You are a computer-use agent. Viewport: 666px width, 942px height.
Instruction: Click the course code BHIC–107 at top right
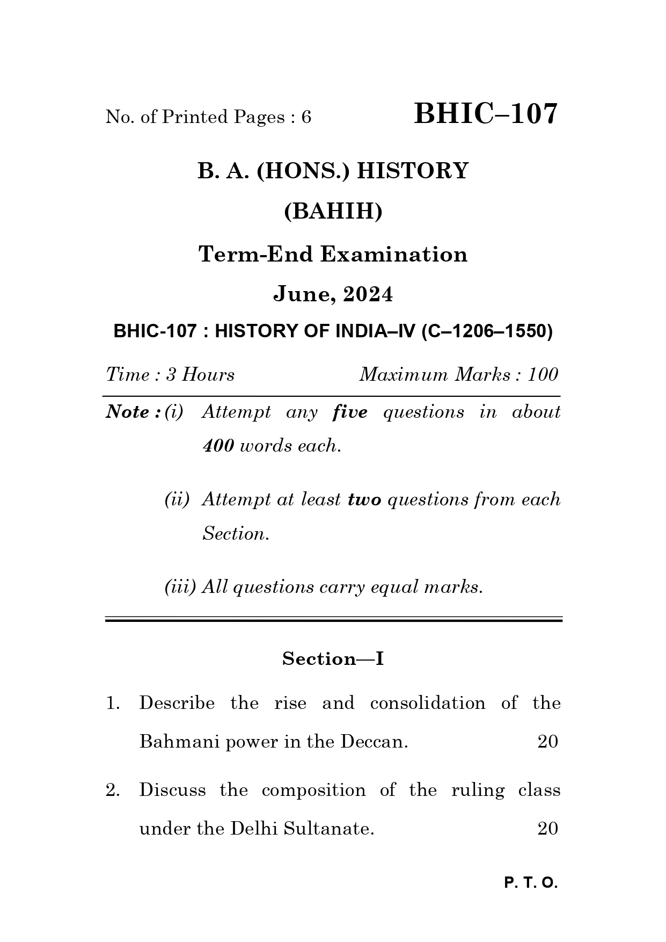click(x=486, y=114)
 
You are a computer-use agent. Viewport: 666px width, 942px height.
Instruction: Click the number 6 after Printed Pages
click(x=306, y=117)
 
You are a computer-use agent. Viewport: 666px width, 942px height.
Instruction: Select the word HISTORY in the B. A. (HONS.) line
click(x=413, y=171)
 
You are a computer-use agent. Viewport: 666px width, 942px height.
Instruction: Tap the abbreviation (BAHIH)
click(x=333, y=212)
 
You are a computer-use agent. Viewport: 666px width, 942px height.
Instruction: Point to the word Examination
click(x=394, y=254)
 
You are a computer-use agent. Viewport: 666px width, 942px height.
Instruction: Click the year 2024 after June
click(x=368, y=294)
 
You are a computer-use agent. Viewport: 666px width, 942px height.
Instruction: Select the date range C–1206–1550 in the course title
click(x=486, y=331)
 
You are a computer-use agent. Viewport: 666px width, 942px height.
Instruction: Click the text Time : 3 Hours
click(x=170, y=374)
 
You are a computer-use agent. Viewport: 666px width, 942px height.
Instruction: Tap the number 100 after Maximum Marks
click(x=543, y=374)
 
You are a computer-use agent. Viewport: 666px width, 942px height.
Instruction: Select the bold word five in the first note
click(x=350, y=412)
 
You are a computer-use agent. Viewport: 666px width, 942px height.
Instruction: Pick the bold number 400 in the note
click(x=218, y=446)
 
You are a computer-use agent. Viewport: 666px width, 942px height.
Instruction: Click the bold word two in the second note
click(x=364, y=500)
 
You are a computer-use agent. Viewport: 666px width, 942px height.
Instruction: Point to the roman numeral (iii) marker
click(x=180, y=587)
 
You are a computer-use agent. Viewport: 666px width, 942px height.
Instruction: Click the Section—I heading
click(x=333, y=658)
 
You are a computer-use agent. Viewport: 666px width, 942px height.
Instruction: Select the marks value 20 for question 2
click(x=547, y=829)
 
